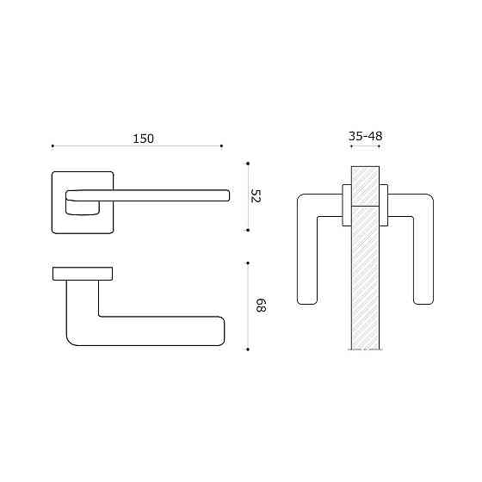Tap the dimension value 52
(x=255, y=196)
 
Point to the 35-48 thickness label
(x=366, y=137)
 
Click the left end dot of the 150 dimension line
(x=53, y=145)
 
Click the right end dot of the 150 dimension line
(x=222, y=145)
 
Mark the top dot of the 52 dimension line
(x=248, y=162)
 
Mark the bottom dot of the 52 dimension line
(x=248, y=231)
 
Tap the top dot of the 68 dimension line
(x=248, y=263)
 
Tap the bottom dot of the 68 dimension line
(x=248, y=349)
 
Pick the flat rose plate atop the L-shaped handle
(x=83, y=274)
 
